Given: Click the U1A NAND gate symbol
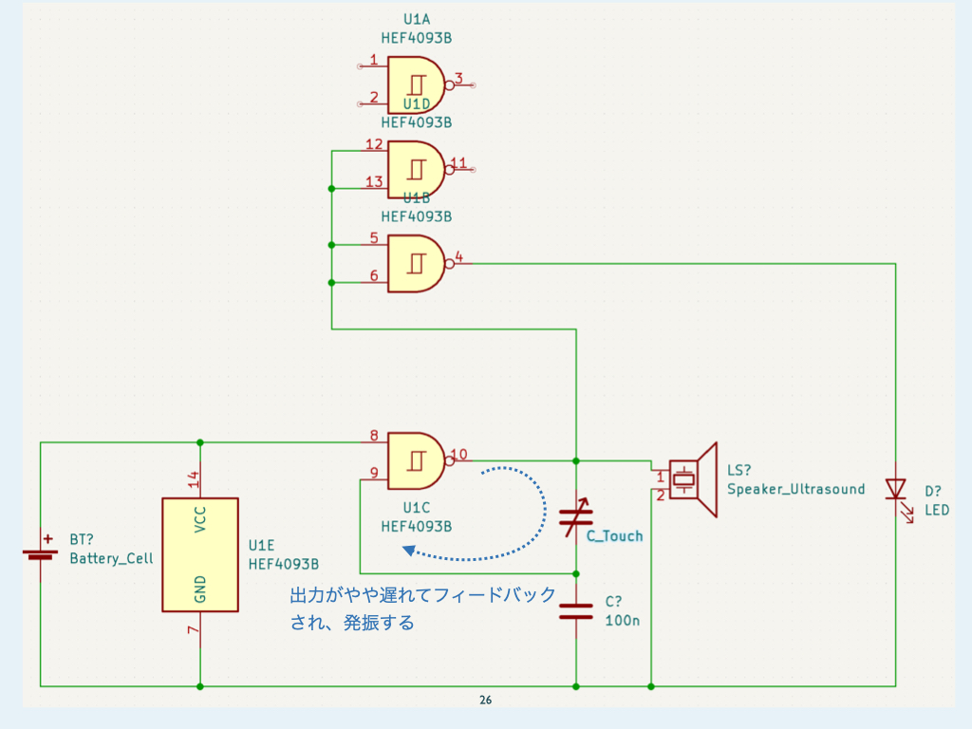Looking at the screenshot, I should pyautogui.click(x=416, y=84).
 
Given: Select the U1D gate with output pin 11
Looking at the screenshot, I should pyautogui.click(x=416, y=169).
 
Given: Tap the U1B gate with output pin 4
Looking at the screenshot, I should pyautogui.click(x=416, y=263).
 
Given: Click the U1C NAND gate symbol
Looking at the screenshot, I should pyautogui.click(x=416, y=460).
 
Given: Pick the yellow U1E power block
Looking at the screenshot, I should pyautogui.click(x=199, y=554).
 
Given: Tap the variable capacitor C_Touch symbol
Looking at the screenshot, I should pyautogui.click(x=576, y=517).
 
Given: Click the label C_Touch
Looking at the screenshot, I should pyautogui.click(x=614, y=536).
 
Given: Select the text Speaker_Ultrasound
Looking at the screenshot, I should pyautogui.click(x=795, y=489).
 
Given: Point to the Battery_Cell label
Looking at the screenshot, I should pyautogui.click(x=111, y=558).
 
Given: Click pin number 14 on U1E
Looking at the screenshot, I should pyautogui.click(x=193, y=479).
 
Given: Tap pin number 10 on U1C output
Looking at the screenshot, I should pyautogui.click(x=459, y=454).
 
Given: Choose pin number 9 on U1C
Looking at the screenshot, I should pyautogui.click(x=373, y=473).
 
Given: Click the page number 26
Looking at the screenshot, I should pyautogui.click(x=486, y=701).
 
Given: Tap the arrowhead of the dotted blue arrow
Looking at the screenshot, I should pyautogui.click(x=408, y=551).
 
